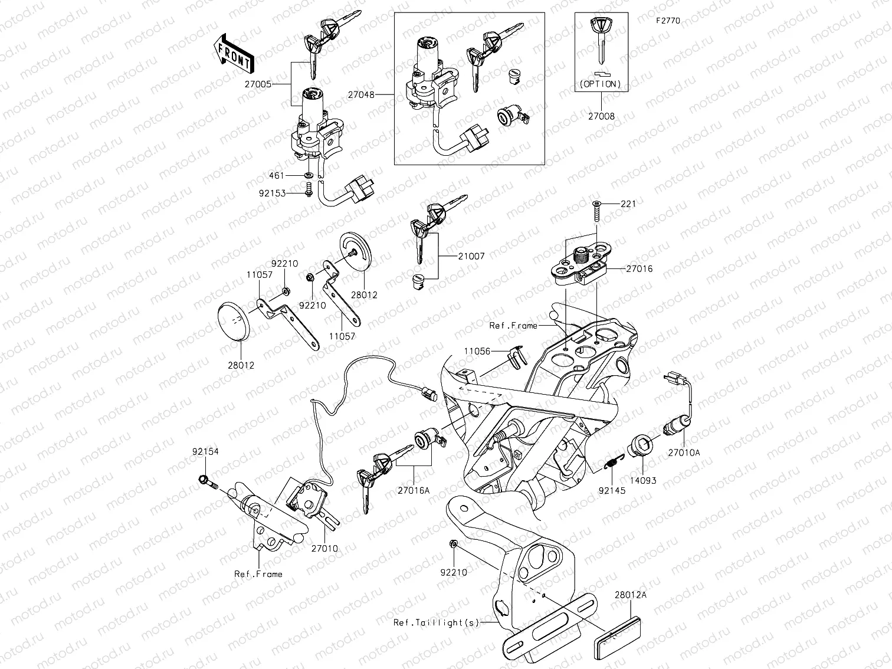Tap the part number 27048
click(360, 94)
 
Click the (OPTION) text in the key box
click(601, 84)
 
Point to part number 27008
click(601, 116)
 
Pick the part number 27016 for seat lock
click(639, 269)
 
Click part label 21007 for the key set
click(471, 257)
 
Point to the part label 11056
click(477, 351)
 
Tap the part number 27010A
click(684, 452)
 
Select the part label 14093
click(642, 481)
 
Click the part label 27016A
click(414, 490)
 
